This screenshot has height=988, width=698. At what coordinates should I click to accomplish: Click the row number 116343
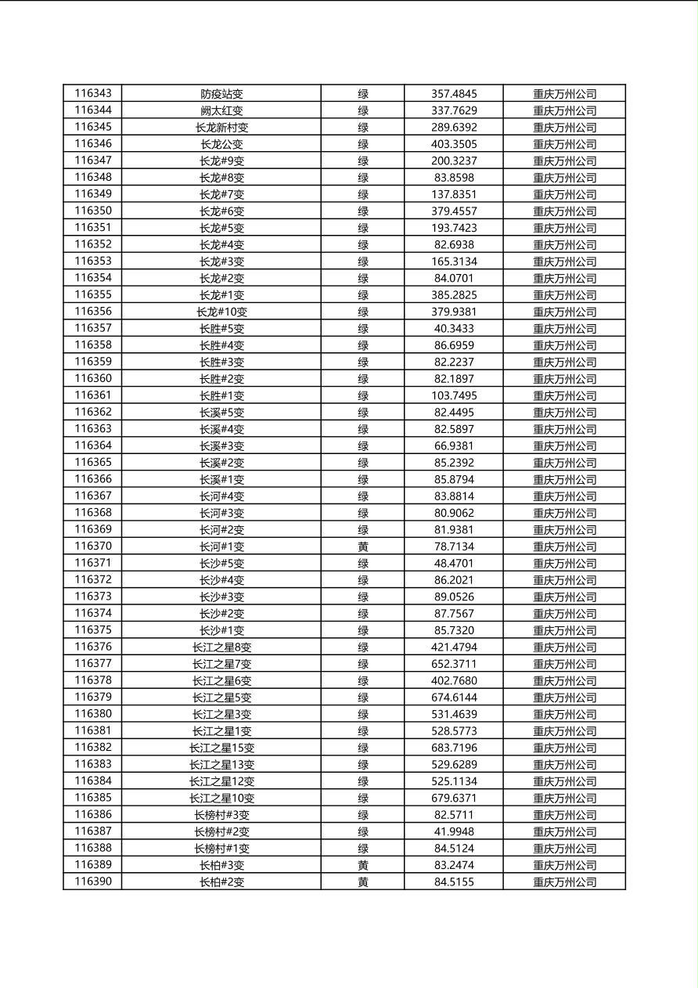coord(93,93)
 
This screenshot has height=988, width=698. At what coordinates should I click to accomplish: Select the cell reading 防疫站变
coord(221,94)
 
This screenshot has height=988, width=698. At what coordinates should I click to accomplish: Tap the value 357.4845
coord(454,94)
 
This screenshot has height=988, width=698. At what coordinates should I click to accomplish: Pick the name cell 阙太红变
coord(221,110)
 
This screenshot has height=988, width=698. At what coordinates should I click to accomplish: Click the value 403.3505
coord(454,144)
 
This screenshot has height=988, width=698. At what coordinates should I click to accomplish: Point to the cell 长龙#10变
coord(221,312)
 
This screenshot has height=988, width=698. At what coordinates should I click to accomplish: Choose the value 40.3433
coord(454,329)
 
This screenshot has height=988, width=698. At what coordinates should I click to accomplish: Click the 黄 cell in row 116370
coord(363,546)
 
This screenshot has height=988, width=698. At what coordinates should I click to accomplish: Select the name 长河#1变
coord(221,546)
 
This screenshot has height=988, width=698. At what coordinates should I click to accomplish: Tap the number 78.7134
coord(454,546)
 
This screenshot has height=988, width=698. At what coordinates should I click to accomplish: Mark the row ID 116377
coord(93,664)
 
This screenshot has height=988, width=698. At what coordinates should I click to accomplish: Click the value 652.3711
coord(454,664)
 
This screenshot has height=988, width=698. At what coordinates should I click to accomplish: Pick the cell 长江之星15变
coord(221,748)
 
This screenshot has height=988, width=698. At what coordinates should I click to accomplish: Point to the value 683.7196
coord(454,748)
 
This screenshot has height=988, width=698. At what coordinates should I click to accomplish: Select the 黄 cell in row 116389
coord(363,865)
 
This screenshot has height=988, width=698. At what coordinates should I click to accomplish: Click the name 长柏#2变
coord(221,882)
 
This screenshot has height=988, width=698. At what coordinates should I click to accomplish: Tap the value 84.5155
coord(454,882)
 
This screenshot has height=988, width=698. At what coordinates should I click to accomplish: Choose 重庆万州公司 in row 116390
coord(564,882)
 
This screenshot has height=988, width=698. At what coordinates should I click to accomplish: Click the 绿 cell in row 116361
coord(363,395)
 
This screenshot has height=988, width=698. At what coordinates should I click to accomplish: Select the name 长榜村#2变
coord(221,831)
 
